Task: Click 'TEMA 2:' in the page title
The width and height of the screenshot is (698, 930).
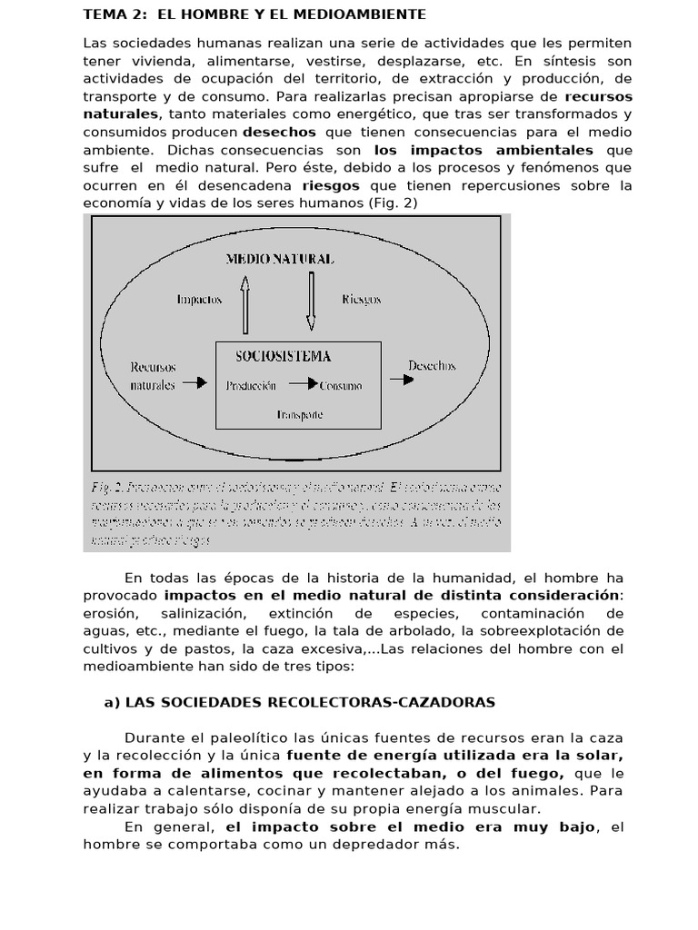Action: click(112, 15)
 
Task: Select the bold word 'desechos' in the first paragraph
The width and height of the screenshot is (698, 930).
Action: click(280, 132)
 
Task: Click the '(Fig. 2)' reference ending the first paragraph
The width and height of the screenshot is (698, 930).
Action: click(394, 203)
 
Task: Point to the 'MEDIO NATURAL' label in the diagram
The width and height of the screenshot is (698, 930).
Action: click(279, 259)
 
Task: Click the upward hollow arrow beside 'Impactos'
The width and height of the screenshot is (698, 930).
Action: click(244, 304)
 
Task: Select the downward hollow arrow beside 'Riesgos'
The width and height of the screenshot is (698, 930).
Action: click(312, 301)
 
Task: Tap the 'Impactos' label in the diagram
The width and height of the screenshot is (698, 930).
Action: click(198, 300)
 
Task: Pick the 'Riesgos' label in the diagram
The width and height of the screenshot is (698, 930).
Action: click(362, 299)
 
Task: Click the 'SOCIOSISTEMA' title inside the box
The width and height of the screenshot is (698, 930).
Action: click(283, 356)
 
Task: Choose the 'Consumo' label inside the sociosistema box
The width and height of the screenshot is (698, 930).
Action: click(341, 386)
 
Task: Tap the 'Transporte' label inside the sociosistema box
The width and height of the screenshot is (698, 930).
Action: click(299, 413)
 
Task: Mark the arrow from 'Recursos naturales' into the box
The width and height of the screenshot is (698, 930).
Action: click(195, 383)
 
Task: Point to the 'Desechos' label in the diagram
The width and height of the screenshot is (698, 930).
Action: click(433, 366)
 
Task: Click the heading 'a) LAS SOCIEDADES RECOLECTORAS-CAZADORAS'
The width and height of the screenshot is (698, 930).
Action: click(301, 702)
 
